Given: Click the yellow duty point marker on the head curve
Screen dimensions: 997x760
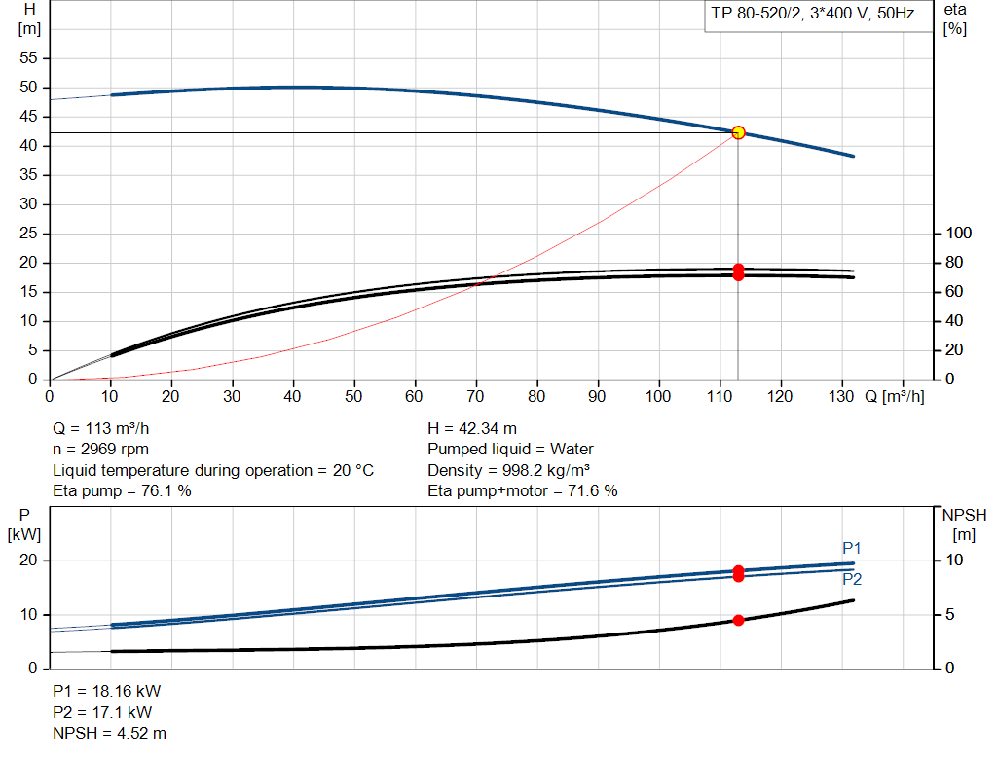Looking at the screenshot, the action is coord(738,132).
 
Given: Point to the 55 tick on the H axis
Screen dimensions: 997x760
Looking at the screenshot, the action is coord(28,57).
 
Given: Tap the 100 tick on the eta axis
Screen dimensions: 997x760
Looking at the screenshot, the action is coord(959,234).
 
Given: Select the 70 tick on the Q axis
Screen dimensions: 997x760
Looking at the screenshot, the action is coord(475,396).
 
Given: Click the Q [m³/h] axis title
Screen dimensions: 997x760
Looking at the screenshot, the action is coord(895,396).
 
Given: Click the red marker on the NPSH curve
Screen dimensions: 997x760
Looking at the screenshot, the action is coord(738,620).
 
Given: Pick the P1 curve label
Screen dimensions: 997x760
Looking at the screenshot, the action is coord(851,548).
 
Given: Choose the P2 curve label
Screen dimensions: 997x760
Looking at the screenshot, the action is coord(852,579).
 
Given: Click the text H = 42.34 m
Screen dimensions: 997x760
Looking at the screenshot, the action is coord(472,429).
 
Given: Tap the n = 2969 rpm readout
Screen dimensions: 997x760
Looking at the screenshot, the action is coord(100,450).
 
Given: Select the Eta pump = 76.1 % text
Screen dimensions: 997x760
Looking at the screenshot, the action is coord(122,491).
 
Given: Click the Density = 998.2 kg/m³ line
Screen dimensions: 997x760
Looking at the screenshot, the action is coord(508,470).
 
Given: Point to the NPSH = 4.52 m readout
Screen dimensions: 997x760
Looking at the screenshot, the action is coord(109,734).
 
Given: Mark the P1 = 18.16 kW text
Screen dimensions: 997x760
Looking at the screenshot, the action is coord(107,691).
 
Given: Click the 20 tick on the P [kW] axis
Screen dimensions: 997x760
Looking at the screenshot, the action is coord(28,561).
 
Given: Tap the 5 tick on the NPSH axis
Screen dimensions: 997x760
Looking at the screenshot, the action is coord(950,614).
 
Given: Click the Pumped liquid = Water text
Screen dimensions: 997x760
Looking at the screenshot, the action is coord(510,450).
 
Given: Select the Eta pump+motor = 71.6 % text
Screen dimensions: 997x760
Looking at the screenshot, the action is coord(523,491).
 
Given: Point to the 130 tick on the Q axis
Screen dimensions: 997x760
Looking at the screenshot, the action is coord(841,396).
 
